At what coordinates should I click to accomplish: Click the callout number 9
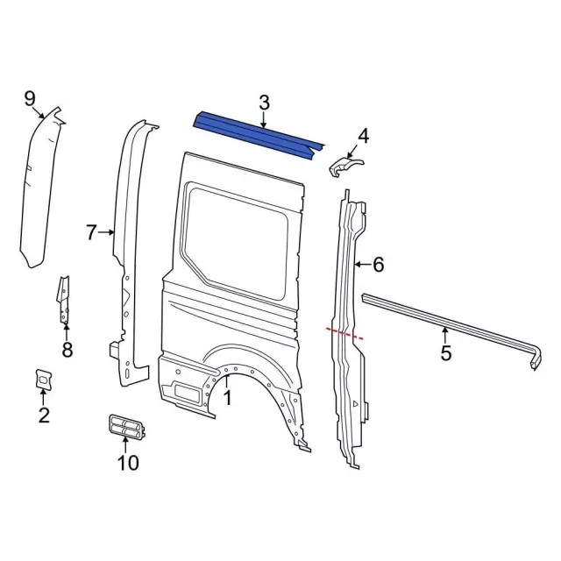tap(29, 97)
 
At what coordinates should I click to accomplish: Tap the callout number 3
tap(264, 103)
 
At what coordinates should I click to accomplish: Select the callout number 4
tap(363, 135)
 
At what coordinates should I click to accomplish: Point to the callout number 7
tap(91, 232)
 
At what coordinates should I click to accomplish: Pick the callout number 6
tap(379, 264)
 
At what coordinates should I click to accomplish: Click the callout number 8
tap(67, 351)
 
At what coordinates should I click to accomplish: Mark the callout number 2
tap(44, 415)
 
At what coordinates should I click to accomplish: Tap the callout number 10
tap(128, 462)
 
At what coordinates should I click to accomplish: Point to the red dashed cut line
tap(344, 332)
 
